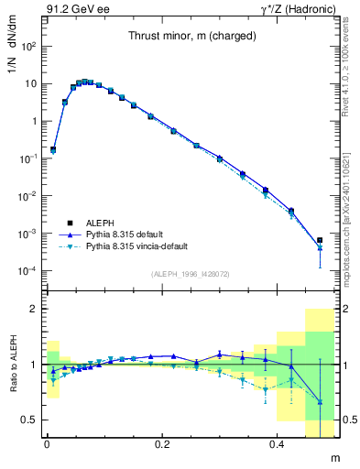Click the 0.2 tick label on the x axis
point(162,444)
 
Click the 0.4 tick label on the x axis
point(278,444)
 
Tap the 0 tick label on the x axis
point(47,444)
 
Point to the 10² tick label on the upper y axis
point(27,45)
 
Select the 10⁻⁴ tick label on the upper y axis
point(27,271)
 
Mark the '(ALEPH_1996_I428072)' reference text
point(190,274)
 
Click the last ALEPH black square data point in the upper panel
point(320,241)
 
